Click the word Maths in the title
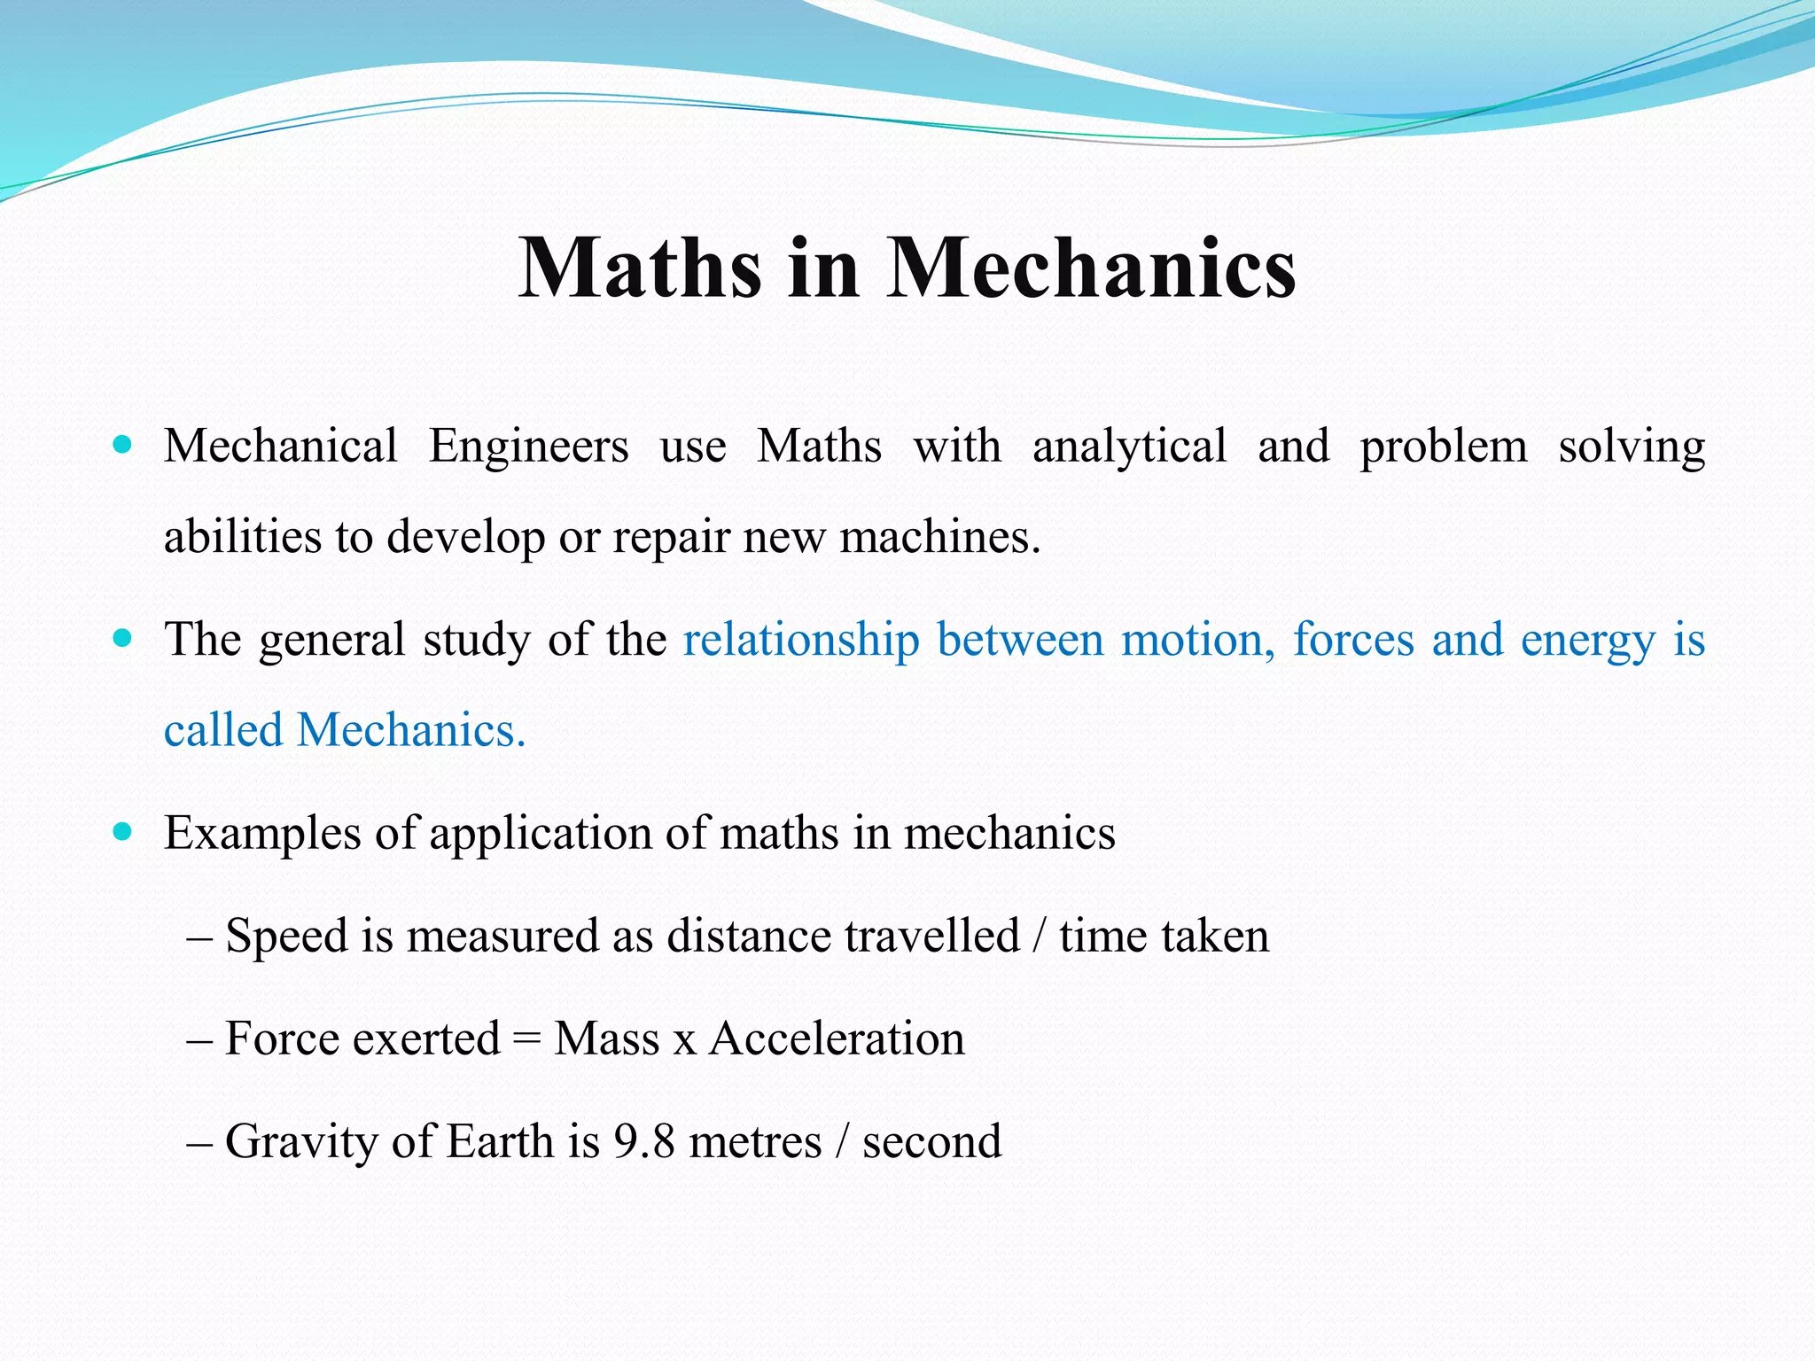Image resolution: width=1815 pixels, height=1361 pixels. pyautogui.click(x=640, y=268)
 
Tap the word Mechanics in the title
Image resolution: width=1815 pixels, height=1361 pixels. pyautogui.click(x=1091, y=268)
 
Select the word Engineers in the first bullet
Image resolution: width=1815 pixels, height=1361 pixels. pyautogui.click(x=529, y=446)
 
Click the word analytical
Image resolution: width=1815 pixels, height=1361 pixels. pyautogui.click(x=1130, y=446)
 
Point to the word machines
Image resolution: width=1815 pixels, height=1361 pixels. pyautogui.click(x=939, y=537)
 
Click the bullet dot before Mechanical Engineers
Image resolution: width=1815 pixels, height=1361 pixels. pyautogui.click(x=123, y=443)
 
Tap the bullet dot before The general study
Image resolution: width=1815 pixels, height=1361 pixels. pyautogui.click(x=123, y=636)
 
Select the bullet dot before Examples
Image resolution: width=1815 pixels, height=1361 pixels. pyautogui.click(x=123, y=830)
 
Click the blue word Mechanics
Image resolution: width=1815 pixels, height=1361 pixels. pyautogui.click(x=410, y=731)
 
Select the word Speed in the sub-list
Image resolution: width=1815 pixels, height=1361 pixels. pyautogui.click(x=286, y=937)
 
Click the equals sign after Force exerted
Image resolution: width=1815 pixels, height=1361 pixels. pyautogui.click(x=526, y=1038)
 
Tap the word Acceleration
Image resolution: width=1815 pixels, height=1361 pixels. pyautogui.click(x=837, y=1038)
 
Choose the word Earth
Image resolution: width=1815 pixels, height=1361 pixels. pyautogui.click(x=500, y=1141)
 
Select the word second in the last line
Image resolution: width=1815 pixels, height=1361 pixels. pyautogui.click(x=931, y=1141)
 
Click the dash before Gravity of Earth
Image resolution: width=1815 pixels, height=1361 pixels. pyautogui.click(x=199, y=1141)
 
